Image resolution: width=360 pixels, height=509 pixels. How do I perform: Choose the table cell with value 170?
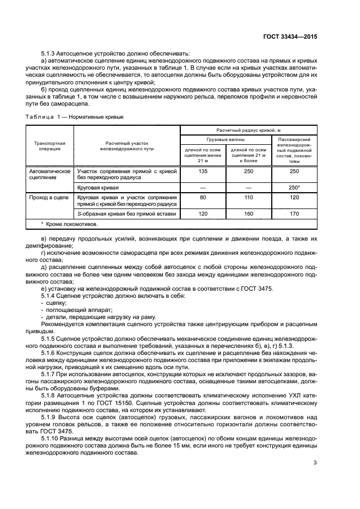coord(294,213)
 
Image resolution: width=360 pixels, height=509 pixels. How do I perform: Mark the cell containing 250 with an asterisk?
coord(294,187)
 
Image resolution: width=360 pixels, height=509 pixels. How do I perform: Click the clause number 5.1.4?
coord(50,295)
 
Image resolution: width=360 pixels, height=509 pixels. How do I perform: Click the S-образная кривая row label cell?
coord(127,213)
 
